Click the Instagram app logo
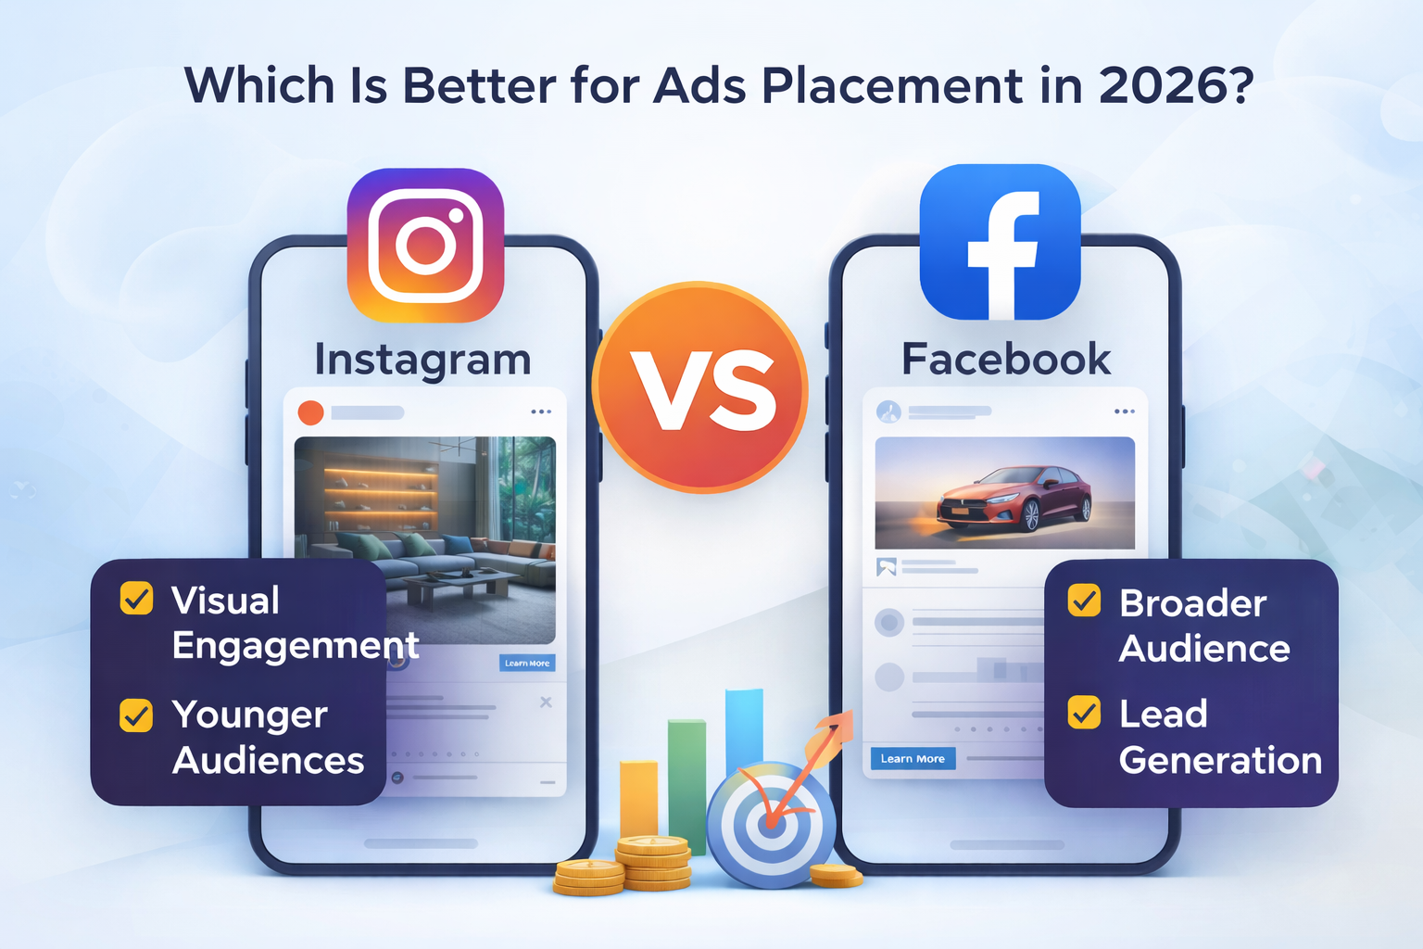tap(425, 246)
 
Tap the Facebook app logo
tap(1000, 242)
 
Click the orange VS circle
tap(700, 387)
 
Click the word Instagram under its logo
tap(423, 361)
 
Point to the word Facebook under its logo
tap(1006, 359)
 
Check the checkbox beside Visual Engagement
tap(136, 599)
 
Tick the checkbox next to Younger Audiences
tap(136, 715)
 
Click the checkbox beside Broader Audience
tap(1085, 601)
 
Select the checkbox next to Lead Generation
tap(1085, 712)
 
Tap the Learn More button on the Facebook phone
tap(913, 758)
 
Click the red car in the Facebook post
tap(1014, 499)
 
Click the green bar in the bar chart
tap(686, 785)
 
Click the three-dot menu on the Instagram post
tap(541, 411)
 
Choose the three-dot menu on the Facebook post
tap(1125, 411)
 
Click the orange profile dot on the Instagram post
tap(310, 412)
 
